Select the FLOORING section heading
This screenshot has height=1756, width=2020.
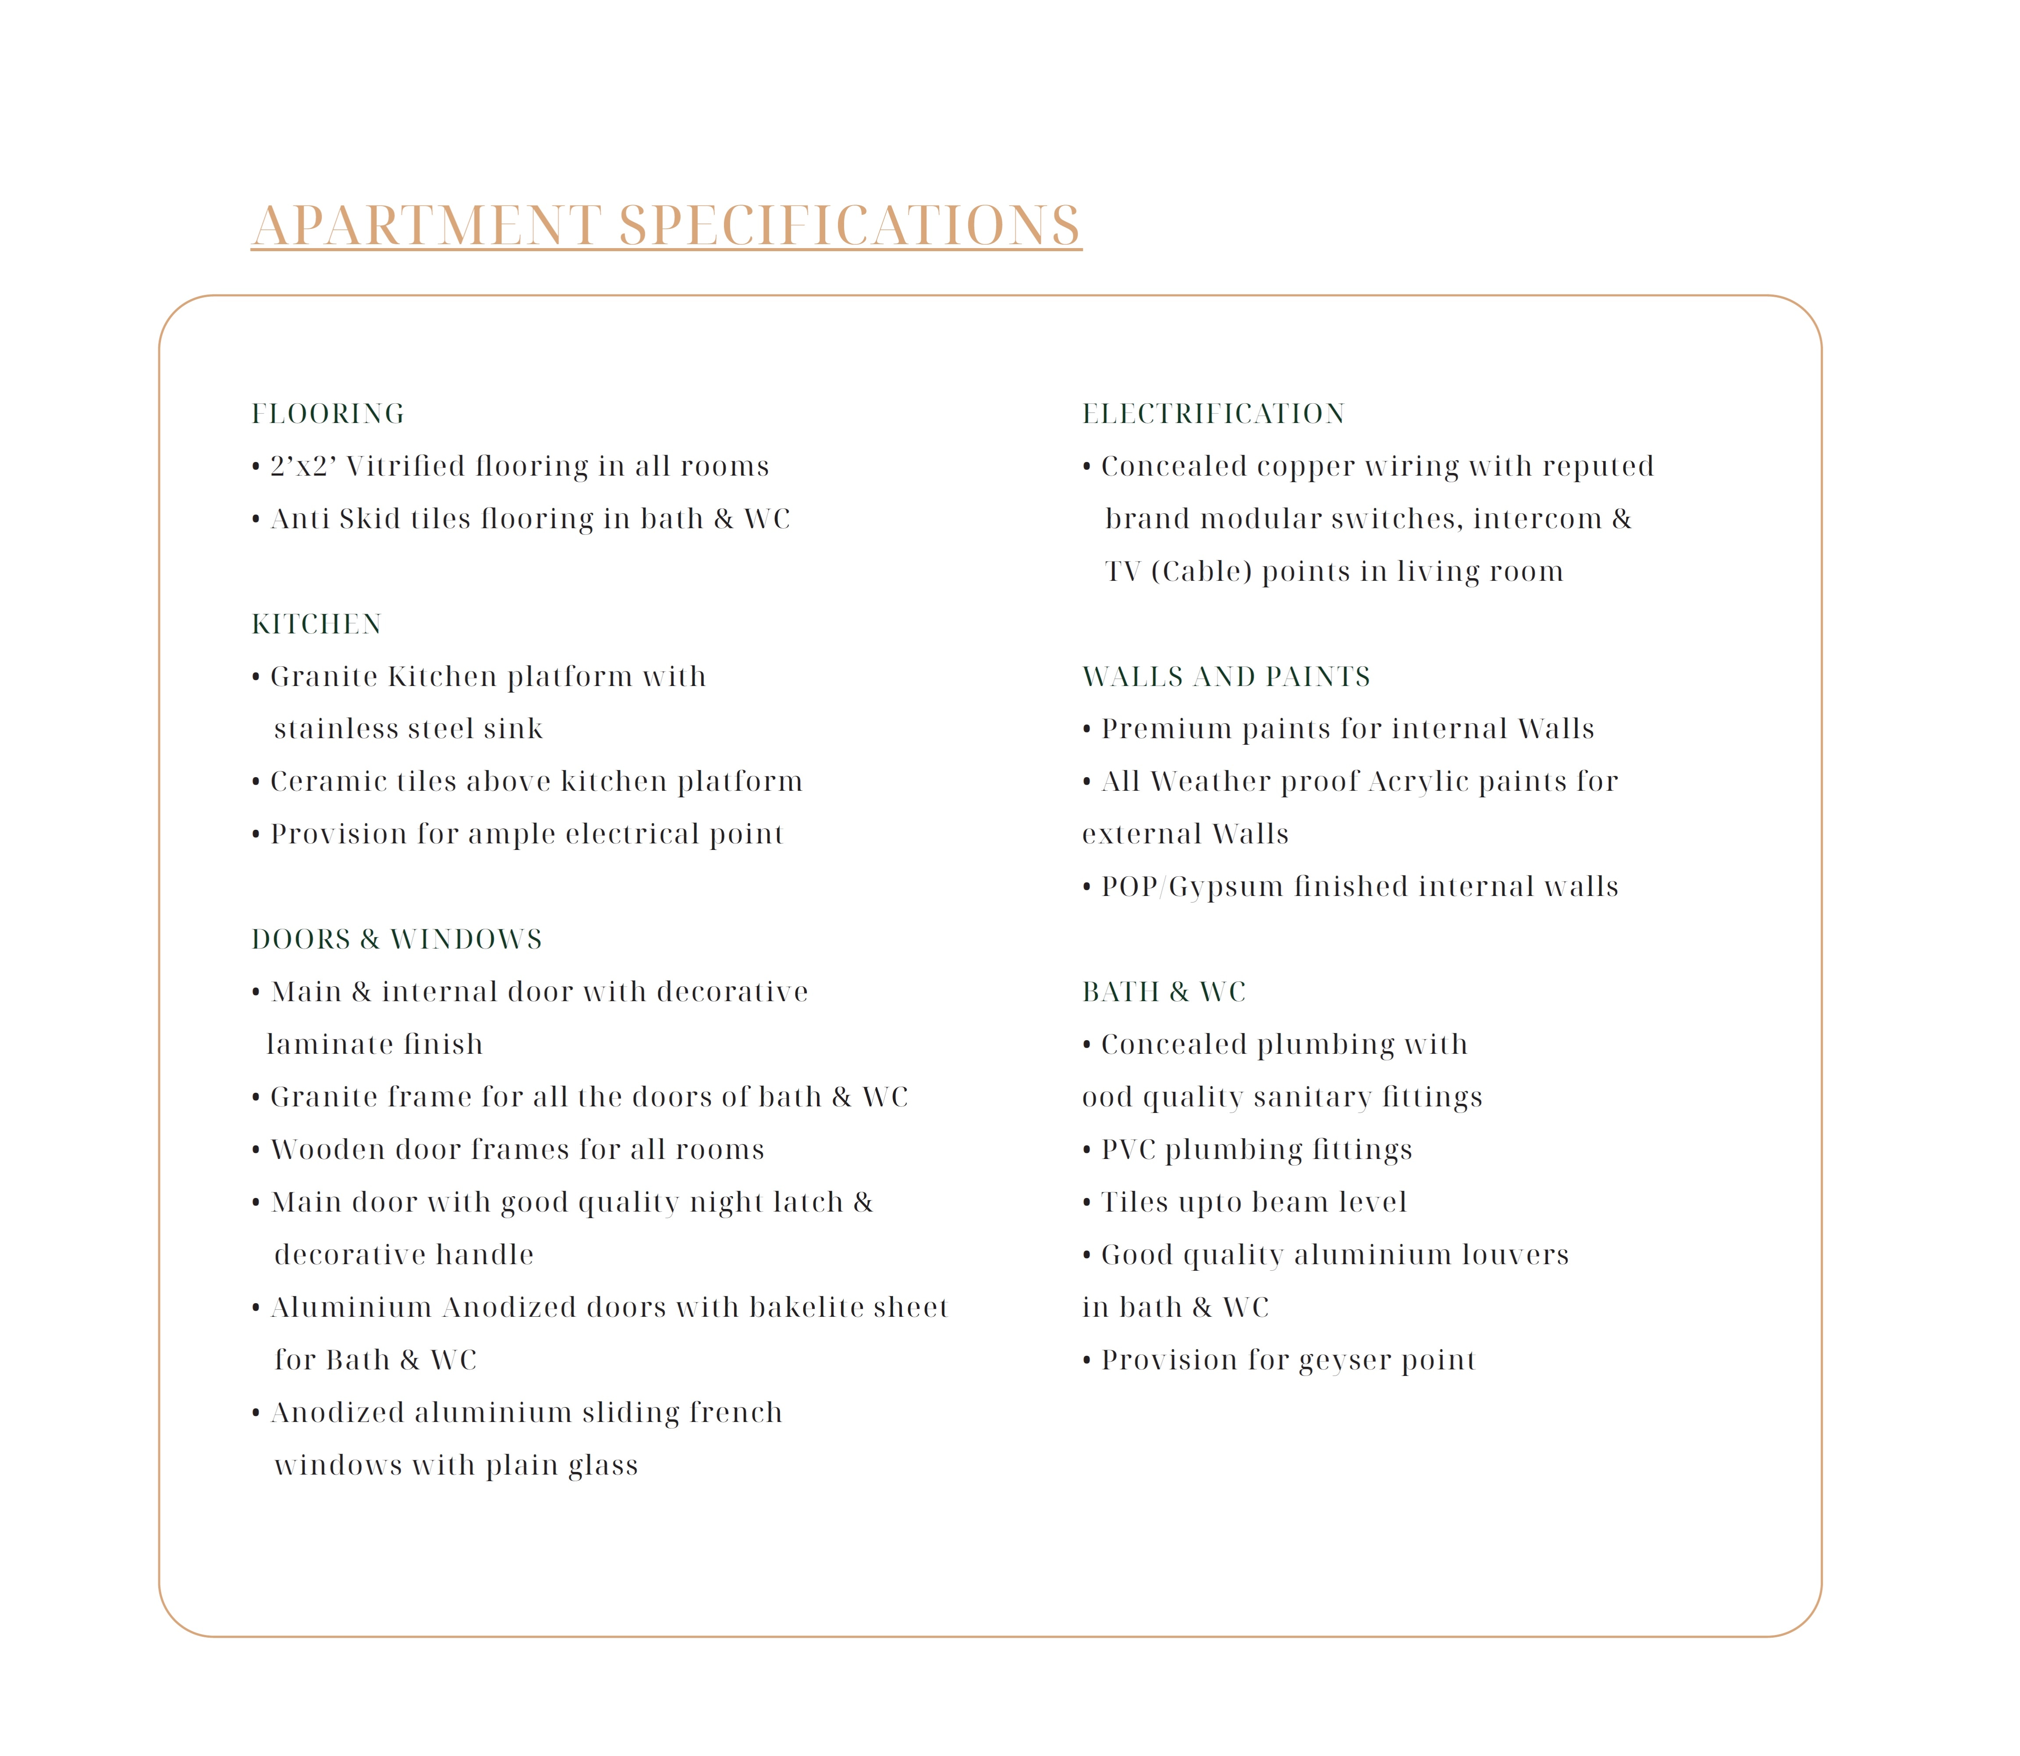coord(327,413)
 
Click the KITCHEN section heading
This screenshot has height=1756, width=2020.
coord(316,624)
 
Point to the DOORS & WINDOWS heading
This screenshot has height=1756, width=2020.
coord(397,939)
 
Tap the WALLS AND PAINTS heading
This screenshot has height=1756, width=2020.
coord(1225,676)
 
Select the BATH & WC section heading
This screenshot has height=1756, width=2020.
coord(1164,992)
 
